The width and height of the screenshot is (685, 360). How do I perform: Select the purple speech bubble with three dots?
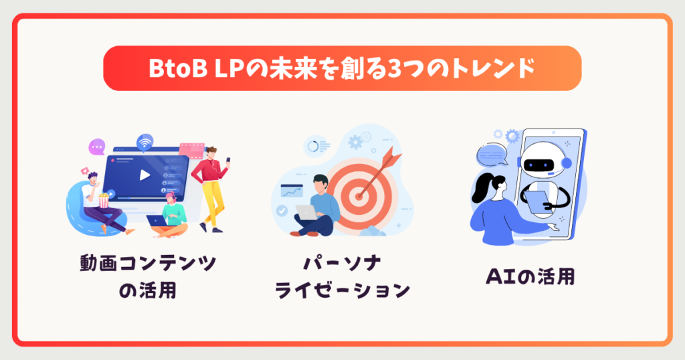click(98, 145)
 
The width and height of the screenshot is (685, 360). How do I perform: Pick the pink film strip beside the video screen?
click(191, 149)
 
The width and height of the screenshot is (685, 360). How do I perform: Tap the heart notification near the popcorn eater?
click(85, 171)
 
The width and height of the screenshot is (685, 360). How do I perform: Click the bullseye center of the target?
click(360, 195)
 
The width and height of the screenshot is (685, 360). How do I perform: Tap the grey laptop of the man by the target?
click(306, 212)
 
